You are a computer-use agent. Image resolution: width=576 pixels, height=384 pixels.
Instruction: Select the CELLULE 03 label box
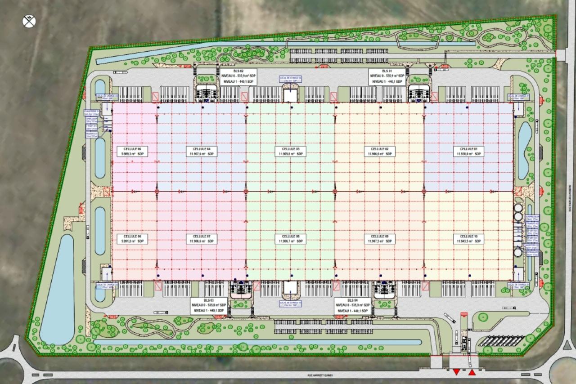click(x=291, y=151)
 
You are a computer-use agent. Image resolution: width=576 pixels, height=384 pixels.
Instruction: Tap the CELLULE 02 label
click(x=380, y=151)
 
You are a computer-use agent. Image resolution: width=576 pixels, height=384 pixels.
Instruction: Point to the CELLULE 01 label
click(x=468, y=151)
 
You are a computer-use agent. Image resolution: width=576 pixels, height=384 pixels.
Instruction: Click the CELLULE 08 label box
click(x=291, y=239)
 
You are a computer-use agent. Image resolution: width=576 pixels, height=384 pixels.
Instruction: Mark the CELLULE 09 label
click(x=380, y=239)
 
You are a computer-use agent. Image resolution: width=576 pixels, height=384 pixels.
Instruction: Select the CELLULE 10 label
click(x=468, y=239)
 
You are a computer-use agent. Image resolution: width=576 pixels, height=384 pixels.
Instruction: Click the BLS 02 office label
click(x=238, y=77)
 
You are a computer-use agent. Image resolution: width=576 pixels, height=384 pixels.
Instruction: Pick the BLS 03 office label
click(x=208, y=305)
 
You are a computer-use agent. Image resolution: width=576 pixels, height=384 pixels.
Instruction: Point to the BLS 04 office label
click(x=353, y=305)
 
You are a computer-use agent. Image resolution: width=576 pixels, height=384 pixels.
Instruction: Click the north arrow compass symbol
click(x=29, y=20)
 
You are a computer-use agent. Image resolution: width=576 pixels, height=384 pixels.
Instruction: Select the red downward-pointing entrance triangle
click(x=456, y=372)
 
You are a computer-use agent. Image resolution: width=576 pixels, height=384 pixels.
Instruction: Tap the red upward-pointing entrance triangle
click(x=472, y=372)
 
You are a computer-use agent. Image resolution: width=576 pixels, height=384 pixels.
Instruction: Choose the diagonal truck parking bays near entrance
click(x=499, y=340)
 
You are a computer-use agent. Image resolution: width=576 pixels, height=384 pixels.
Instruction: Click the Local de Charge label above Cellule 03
click(x=290, y=78)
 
